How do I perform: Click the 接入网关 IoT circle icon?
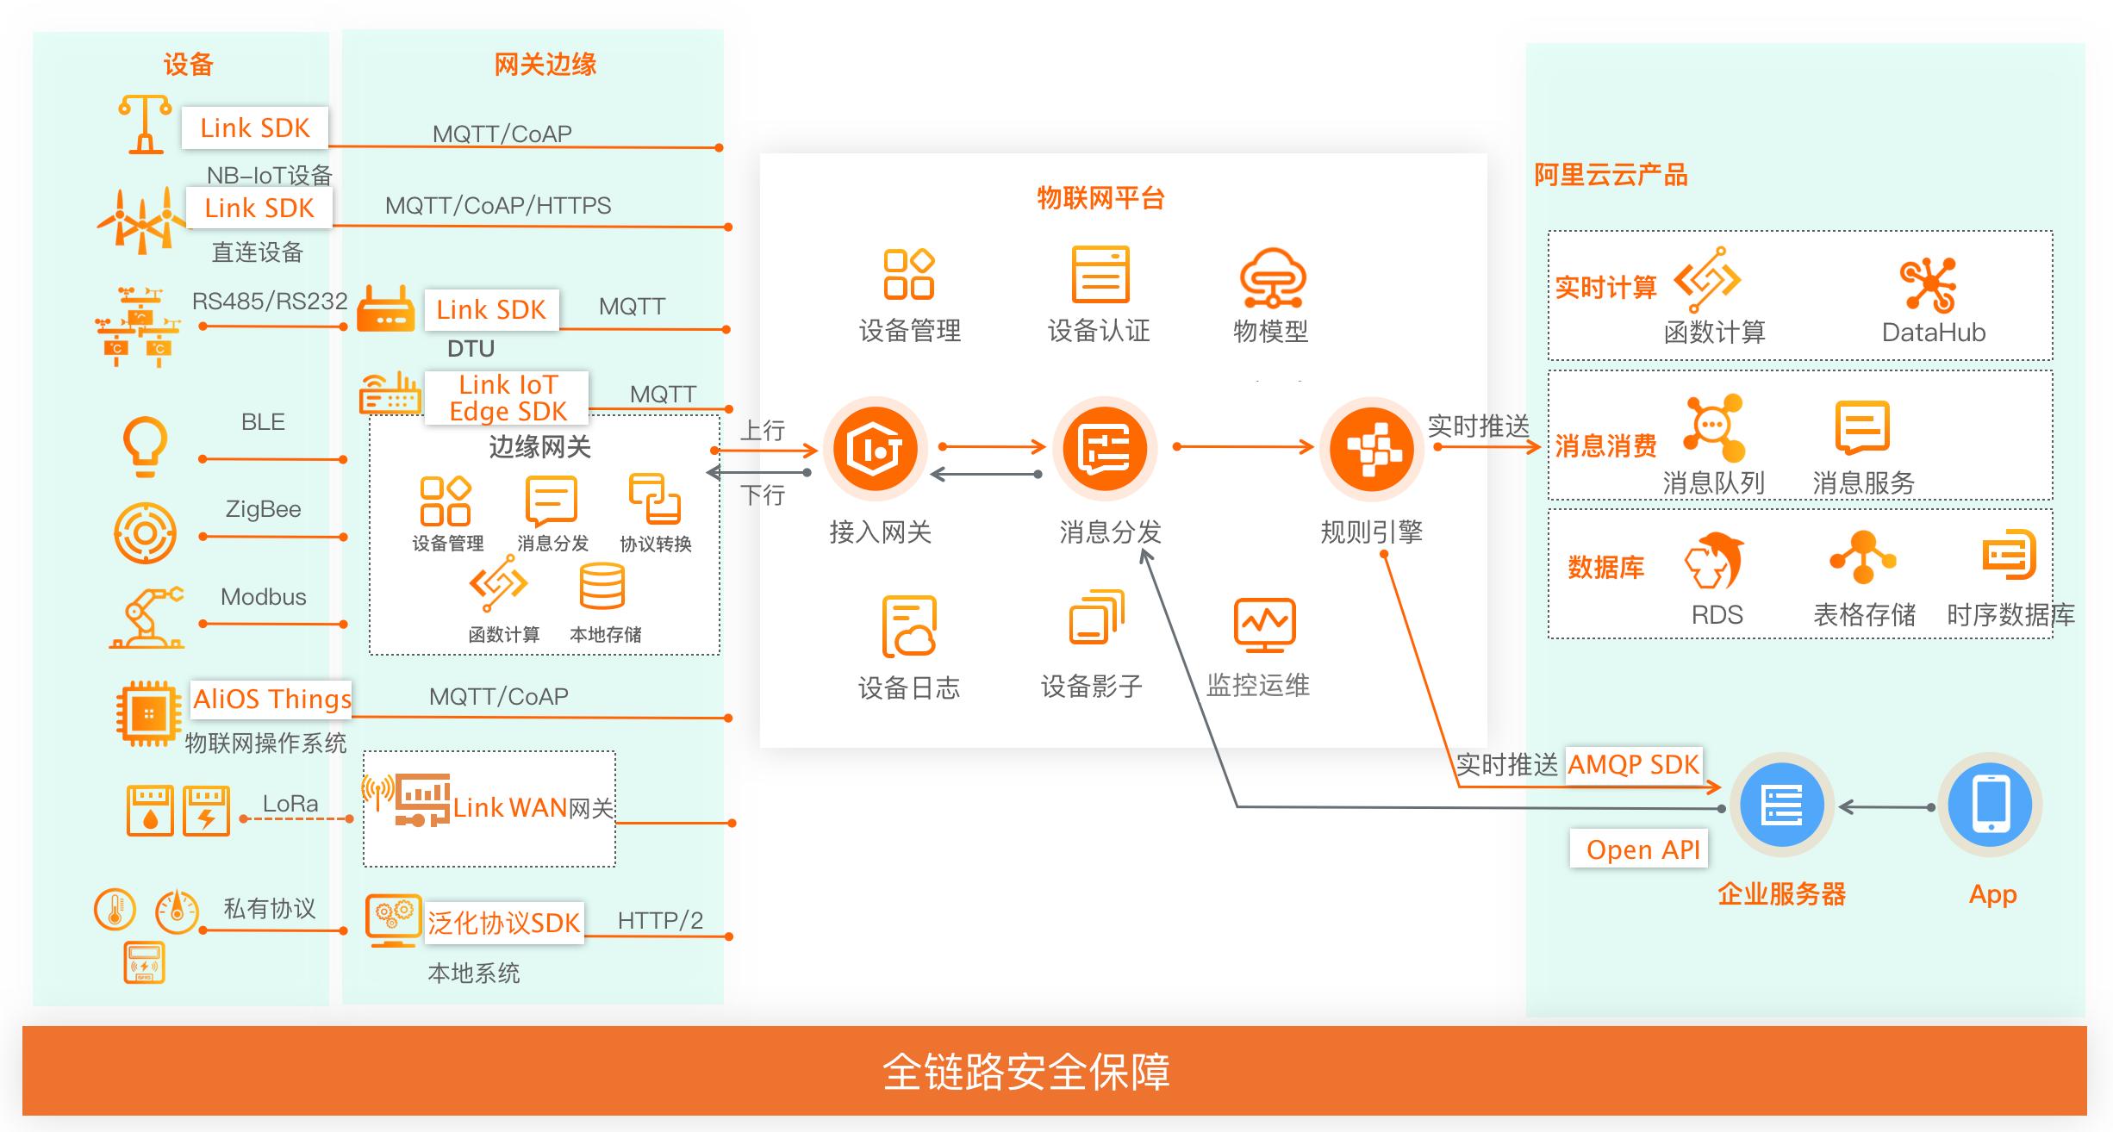tap(876, 449)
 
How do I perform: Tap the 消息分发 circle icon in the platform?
tap(1105, 449)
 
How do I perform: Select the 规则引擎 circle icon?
tap(1371, 449)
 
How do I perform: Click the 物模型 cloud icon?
tap(1272, 278)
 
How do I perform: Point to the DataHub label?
tap(1933, 333)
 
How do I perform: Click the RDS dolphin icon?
tap(1714, 561)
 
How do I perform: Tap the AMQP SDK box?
tap(1632, 765)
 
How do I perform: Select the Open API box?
tap(1642, 849)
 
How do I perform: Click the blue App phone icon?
tap(1991, 805)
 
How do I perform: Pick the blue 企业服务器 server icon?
tap(1782, 805)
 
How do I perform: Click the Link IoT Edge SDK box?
tap(508, 398)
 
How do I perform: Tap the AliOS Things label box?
tap(271, 699)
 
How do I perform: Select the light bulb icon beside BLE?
tap(146, 445)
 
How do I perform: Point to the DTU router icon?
tap(385, 308)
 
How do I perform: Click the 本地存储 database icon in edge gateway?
tap(601, 587)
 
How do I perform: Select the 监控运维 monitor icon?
tap(1264, 625)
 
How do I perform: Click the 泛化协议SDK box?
tap(504, 924)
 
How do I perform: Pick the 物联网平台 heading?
tap(1100, 199)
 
